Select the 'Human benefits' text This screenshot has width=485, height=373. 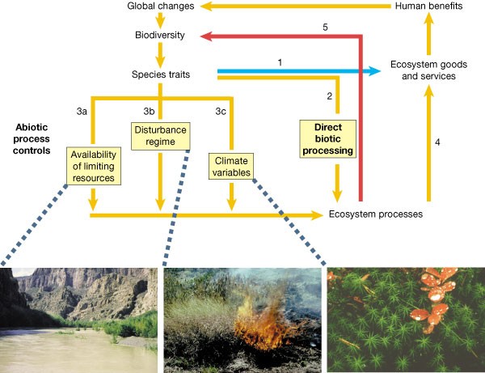point(428,7)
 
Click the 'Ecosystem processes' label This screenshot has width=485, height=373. point(376,214)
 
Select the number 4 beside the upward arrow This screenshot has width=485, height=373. point(437,142)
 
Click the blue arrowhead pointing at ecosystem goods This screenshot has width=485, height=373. point(373,72)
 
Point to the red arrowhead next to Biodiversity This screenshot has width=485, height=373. point(208,36)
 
